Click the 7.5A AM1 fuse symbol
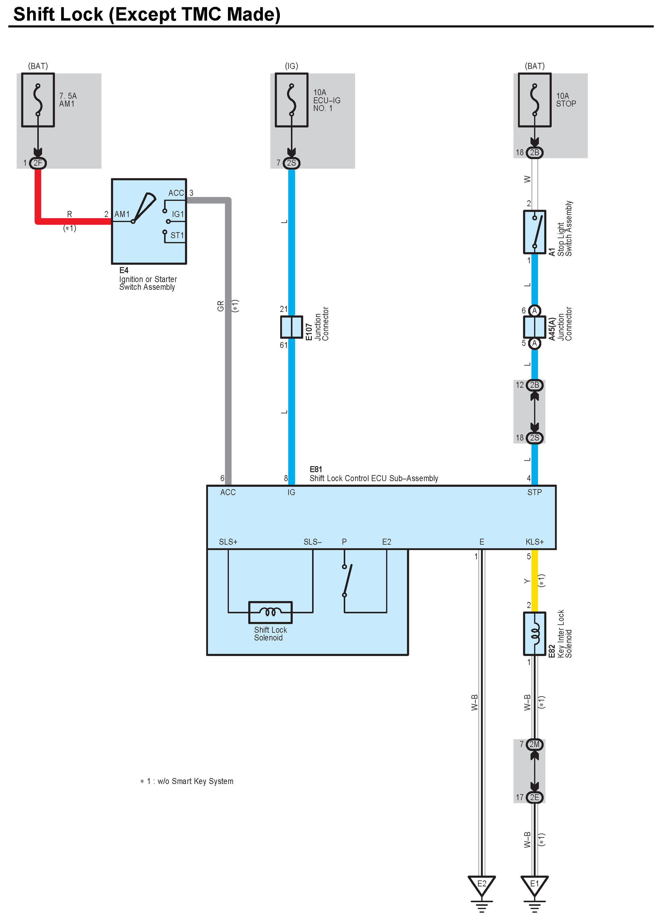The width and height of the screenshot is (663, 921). click(x=38, y=100)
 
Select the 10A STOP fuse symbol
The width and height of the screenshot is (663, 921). click(x=534, y=100)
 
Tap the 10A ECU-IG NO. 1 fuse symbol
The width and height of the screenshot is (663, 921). click(x=291, y=100)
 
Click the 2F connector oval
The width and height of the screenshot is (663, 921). click(x=38, y=163)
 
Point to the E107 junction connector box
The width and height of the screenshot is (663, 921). click(x=291, y=327)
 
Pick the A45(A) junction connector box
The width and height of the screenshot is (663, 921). click(x=534, y=327)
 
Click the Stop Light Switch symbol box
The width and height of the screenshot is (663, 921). click(x=534, y=232)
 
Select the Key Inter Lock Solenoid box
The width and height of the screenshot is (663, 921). click(x=534, y=633)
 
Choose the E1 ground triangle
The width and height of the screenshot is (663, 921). click(x=534, y=885)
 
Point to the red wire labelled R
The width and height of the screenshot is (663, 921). click(x=73, y=221)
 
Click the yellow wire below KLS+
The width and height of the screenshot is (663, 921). click(x=535, y=581)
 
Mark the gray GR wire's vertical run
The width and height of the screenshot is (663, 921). click(x=228, y=345)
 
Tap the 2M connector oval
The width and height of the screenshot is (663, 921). click(x=534, y=744)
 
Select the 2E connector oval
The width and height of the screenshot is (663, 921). click(x=534, y=797)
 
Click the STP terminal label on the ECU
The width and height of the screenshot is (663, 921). click(x=534, y=492)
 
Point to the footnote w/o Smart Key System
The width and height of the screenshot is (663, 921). click(x=195, y=781)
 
